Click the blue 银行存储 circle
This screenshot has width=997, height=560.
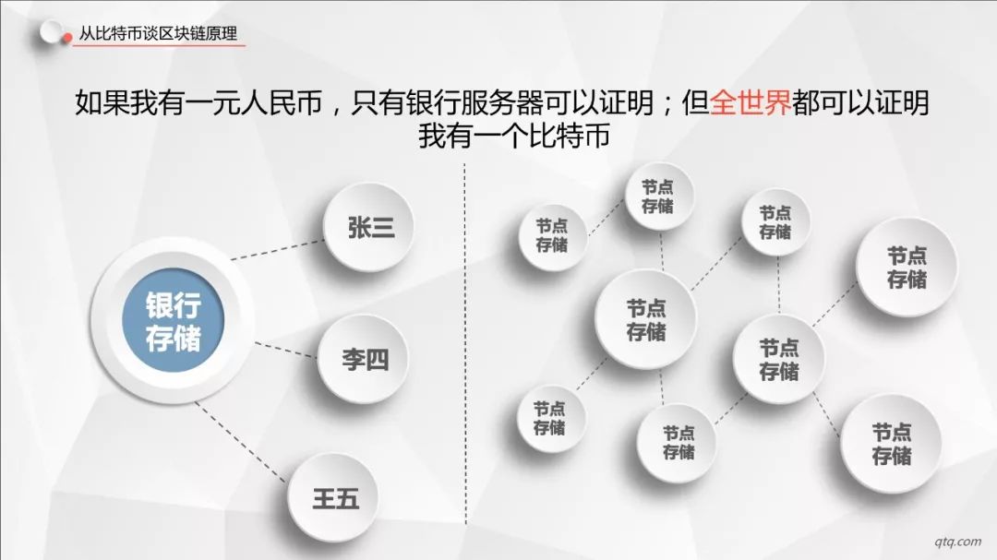coord(173,320)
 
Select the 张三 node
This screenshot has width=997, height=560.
coord(368,227)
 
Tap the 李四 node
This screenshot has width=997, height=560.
coord(363,359)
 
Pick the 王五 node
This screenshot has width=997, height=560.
coord(333,497)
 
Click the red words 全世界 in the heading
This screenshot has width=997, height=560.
coord(751,102)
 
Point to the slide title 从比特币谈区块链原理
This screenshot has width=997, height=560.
coord(159,34)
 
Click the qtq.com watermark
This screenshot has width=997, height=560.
coord(957,542)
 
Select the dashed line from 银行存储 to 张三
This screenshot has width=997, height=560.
coord(278,250)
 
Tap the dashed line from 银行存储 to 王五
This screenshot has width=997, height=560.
coord(240,442)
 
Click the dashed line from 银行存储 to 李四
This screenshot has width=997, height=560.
coord(285,350)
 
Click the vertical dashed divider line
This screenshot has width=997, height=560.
coord(465,343)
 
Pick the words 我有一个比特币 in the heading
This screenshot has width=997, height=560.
coord(514,136)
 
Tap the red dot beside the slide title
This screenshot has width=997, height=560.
coord(66,38)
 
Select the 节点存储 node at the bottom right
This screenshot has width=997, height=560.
coord(890,444)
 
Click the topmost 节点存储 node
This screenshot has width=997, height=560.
coord(658,197)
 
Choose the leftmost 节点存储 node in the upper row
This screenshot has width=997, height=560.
coord(552,236)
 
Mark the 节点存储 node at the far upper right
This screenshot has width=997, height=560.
coord(907,267)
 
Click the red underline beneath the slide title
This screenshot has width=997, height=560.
coord(159,46)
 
